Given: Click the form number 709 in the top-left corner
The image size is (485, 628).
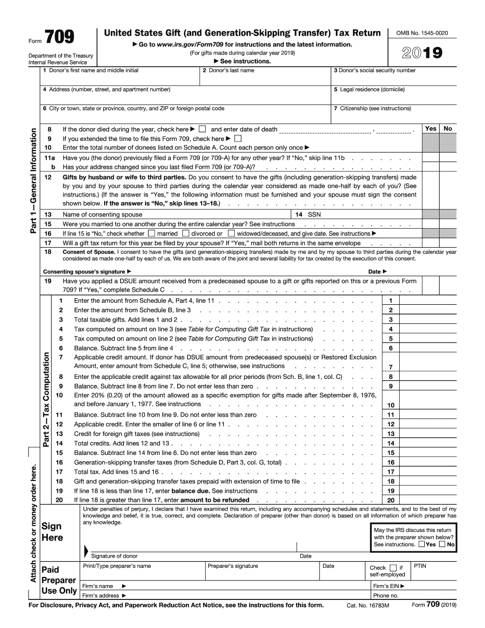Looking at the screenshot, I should pyautogui.click(x=59, y=37).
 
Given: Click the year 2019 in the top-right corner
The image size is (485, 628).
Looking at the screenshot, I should pyautogui.click(x=422, y=53).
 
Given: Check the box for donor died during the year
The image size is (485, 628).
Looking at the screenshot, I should pyautogui.click(x=202, y=129).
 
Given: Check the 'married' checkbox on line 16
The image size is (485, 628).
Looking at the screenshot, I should pyautogui.click(x=151, y=233).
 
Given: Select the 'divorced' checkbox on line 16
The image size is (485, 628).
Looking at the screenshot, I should pyautogui.click(x=186, y=233).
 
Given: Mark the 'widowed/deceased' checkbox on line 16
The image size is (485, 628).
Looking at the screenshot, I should pyautogui.click(x=231, y=233).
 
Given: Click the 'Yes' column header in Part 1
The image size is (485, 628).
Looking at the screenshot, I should pyautogui.click(x=430, y=129).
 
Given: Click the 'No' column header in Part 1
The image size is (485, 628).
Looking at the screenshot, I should pyautogui.click(x=448, y=129).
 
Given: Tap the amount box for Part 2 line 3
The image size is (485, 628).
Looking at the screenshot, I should pyautogui.click(x=428, y=320).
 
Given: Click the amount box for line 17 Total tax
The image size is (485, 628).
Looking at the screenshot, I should pyautogui.click(x=428, y=472).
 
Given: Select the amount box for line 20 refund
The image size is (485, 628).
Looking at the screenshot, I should pyautogui.click(x=428, y=500).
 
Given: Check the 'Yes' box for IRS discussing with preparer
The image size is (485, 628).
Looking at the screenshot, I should pyautogui.click(x=421, y=544).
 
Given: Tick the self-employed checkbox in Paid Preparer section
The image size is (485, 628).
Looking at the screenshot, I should pyautogui.click(x=393, y=568).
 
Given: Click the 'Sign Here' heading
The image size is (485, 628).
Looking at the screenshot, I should pyautogui.click(x=52, y=532).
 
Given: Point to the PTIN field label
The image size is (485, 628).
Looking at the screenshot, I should pyautogui.click(x=420, y=566).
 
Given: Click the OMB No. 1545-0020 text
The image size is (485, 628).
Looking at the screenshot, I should pyautogui.click(x=422, y=33).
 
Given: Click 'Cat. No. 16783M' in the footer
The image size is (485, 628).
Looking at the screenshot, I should pyautogui.click(x=368, y=606).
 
